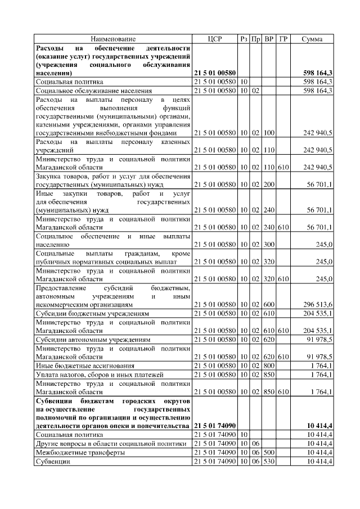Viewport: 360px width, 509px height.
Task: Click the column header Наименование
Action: [x=113, y=39]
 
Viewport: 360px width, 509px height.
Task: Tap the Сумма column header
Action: [x=312, y=39]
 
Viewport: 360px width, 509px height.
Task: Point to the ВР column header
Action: [x=269, y=39]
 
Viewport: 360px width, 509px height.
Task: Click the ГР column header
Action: [x=283, y=39]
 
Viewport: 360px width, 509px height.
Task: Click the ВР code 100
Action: [x=269, y=133]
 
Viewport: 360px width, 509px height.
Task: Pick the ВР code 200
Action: [x=269, y=184]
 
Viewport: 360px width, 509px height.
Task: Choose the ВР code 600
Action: [x=269, y=304]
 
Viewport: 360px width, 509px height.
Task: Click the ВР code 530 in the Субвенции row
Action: [x=269, y=461]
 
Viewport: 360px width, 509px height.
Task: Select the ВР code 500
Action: [x=269, y=452]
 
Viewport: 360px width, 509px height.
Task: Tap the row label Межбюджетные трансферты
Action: [x=80, y=452]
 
